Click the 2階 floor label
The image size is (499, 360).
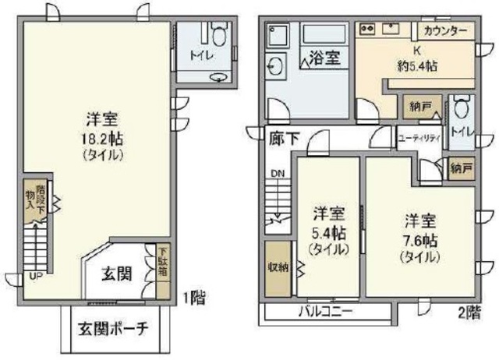point(468,312)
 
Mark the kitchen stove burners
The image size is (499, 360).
point(369,29)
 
